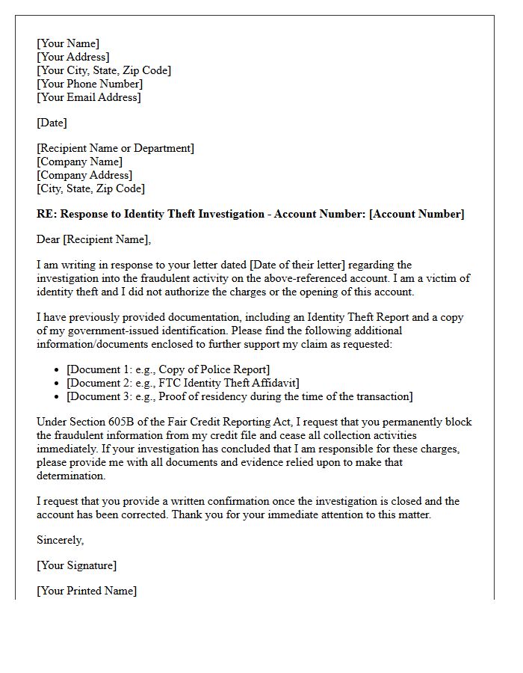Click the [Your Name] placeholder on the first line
pyautogui.click(x=67, y=43)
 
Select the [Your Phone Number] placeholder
pyautogui.click(x=90, y=84)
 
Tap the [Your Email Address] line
pyautogui.click(x=88, y=97)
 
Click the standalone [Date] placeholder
pyautogui.click(x=52, y=123)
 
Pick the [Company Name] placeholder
pyautogui.click(x=79, y=162)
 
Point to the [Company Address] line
pyautogui.click(x=84, y=175)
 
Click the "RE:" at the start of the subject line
pyautogui.click(x=46, y=214)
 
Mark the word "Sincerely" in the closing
pyautogui.click(x=60, y=540)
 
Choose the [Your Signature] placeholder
pyautogui.click(x=76, y=565)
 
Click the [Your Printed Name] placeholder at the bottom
pyautogui.click(x=86, y=591)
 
